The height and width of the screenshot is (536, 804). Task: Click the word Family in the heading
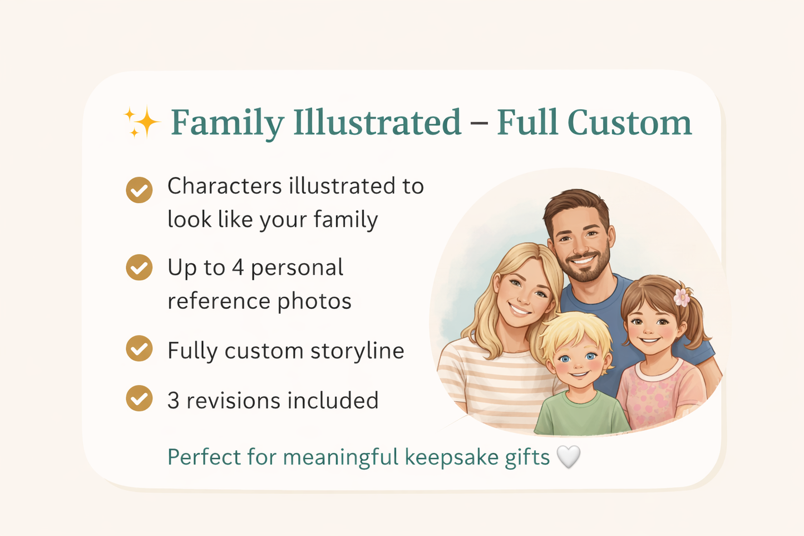pyautogui.click(x=226, y=122)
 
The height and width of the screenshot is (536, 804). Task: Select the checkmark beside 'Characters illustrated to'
pyautogui.click(x=139, y=190)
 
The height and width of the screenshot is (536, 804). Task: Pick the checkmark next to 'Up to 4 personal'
pyautogui.click(x=139, y=268)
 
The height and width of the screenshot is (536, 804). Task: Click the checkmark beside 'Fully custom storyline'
pyautogui.click(x=139, y=349)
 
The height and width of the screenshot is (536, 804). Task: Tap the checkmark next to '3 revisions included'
pyautogui.click(x=139, y=399)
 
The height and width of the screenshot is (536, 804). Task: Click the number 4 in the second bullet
pyautogui.click(x=238, y=268)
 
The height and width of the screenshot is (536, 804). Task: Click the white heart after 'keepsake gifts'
pyautogui.click(x=568, y=457)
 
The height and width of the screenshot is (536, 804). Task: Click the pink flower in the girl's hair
pyautogui.click(x=682, y=297)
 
